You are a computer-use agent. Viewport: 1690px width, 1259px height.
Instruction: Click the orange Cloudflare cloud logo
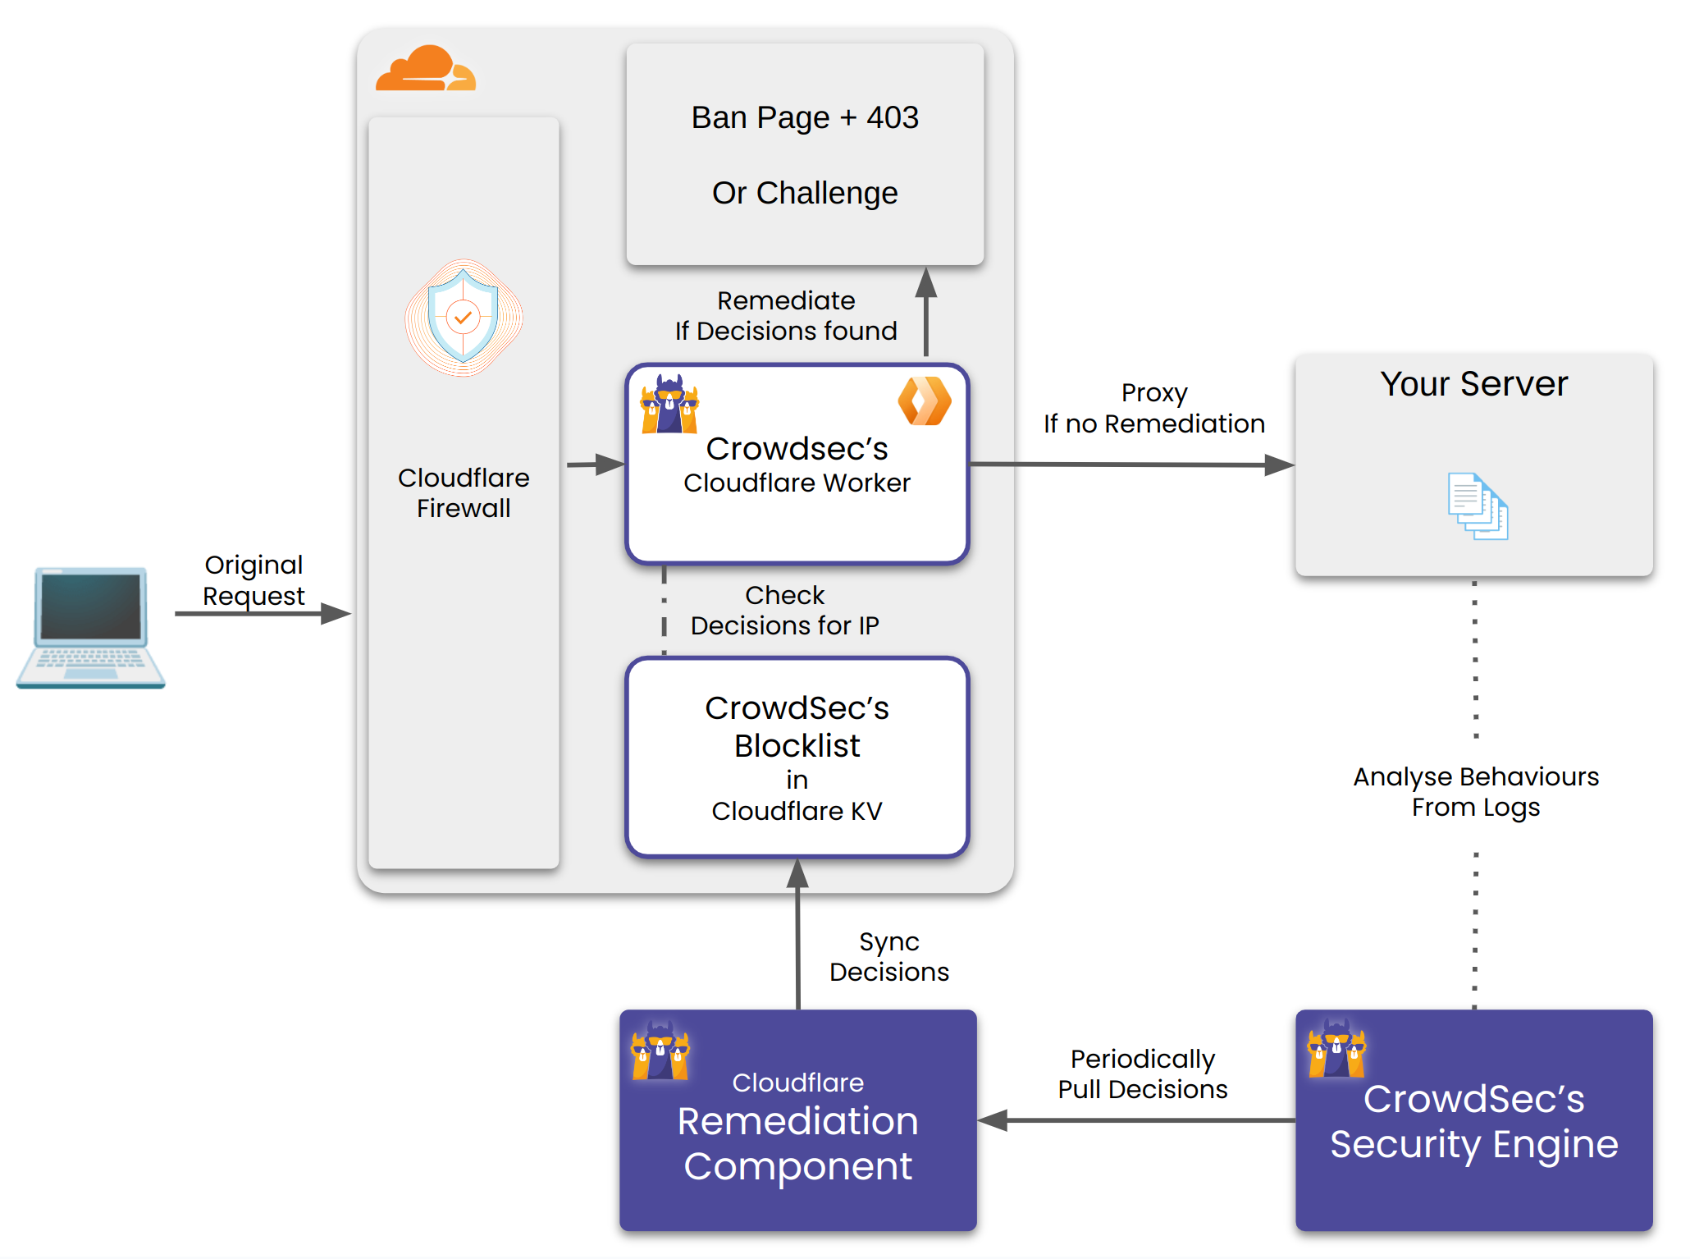(x=425, y=69)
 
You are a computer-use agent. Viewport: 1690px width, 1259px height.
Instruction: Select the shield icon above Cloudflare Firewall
(x=464, y=318)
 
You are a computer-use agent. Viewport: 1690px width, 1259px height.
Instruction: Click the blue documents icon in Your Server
(x=1478, y=506)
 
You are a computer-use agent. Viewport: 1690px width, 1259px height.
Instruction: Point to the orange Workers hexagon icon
(x=925, y=401)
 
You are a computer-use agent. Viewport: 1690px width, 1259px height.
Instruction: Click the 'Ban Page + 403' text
(x=805, y=117)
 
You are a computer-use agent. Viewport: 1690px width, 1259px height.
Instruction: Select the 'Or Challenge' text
(x=805, y=193)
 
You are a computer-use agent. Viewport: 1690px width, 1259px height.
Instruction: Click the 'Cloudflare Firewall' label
(x=464, y=492)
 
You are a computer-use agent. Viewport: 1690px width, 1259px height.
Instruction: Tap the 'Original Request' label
(x=253, y=580)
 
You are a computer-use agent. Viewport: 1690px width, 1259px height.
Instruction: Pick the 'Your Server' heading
(x=1473, y=383)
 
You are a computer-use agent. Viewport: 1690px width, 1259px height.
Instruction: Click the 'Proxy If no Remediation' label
(x=1153, y=408)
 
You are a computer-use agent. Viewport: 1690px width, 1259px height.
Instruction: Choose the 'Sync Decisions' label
(x=888, y=956)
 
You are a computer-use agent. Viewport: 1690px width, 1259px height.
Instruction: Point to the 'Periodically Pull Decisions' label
(x=1142, y=1074)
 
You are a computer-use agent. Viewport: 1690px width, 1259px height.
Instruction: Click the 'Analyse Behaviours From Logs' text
(x=1475, y=791)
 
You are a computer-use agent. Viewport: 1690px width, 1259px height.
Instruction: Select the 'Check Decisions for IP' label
(x=784, y=610)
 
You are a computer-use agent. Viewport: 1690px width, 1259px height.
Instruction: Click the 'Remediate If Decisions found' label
(x=786, y=315)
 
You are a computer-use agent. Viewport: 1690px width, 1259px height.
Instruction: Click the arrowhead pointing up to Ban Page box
(x=926, y=282)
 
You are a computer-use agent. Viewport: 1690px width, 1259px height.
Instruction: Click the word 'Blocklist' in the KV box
(x=797, y=745)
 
